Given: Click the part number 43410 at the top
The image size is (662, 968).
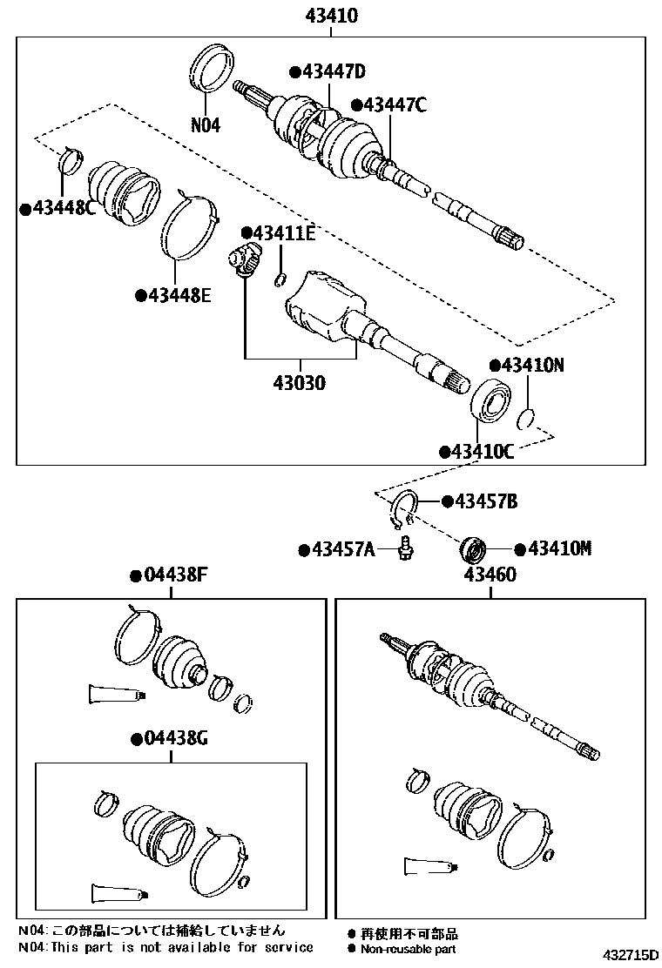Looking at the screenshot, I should [x=330, y=15].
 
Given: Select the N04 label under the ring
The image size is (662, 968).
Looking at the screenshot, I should [x=206, y=124].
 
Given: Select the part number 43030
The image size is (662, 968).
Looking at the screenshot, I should [x=299, y=381].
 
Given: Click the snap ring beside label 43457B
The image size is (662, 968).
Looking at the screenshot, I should [x=405, y=509].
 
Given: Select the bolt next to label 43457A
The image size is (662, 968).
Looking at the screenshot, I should [x=405, y=550].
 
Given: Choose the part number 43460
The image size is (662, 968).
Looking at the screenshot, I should [x=490, y=575].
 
